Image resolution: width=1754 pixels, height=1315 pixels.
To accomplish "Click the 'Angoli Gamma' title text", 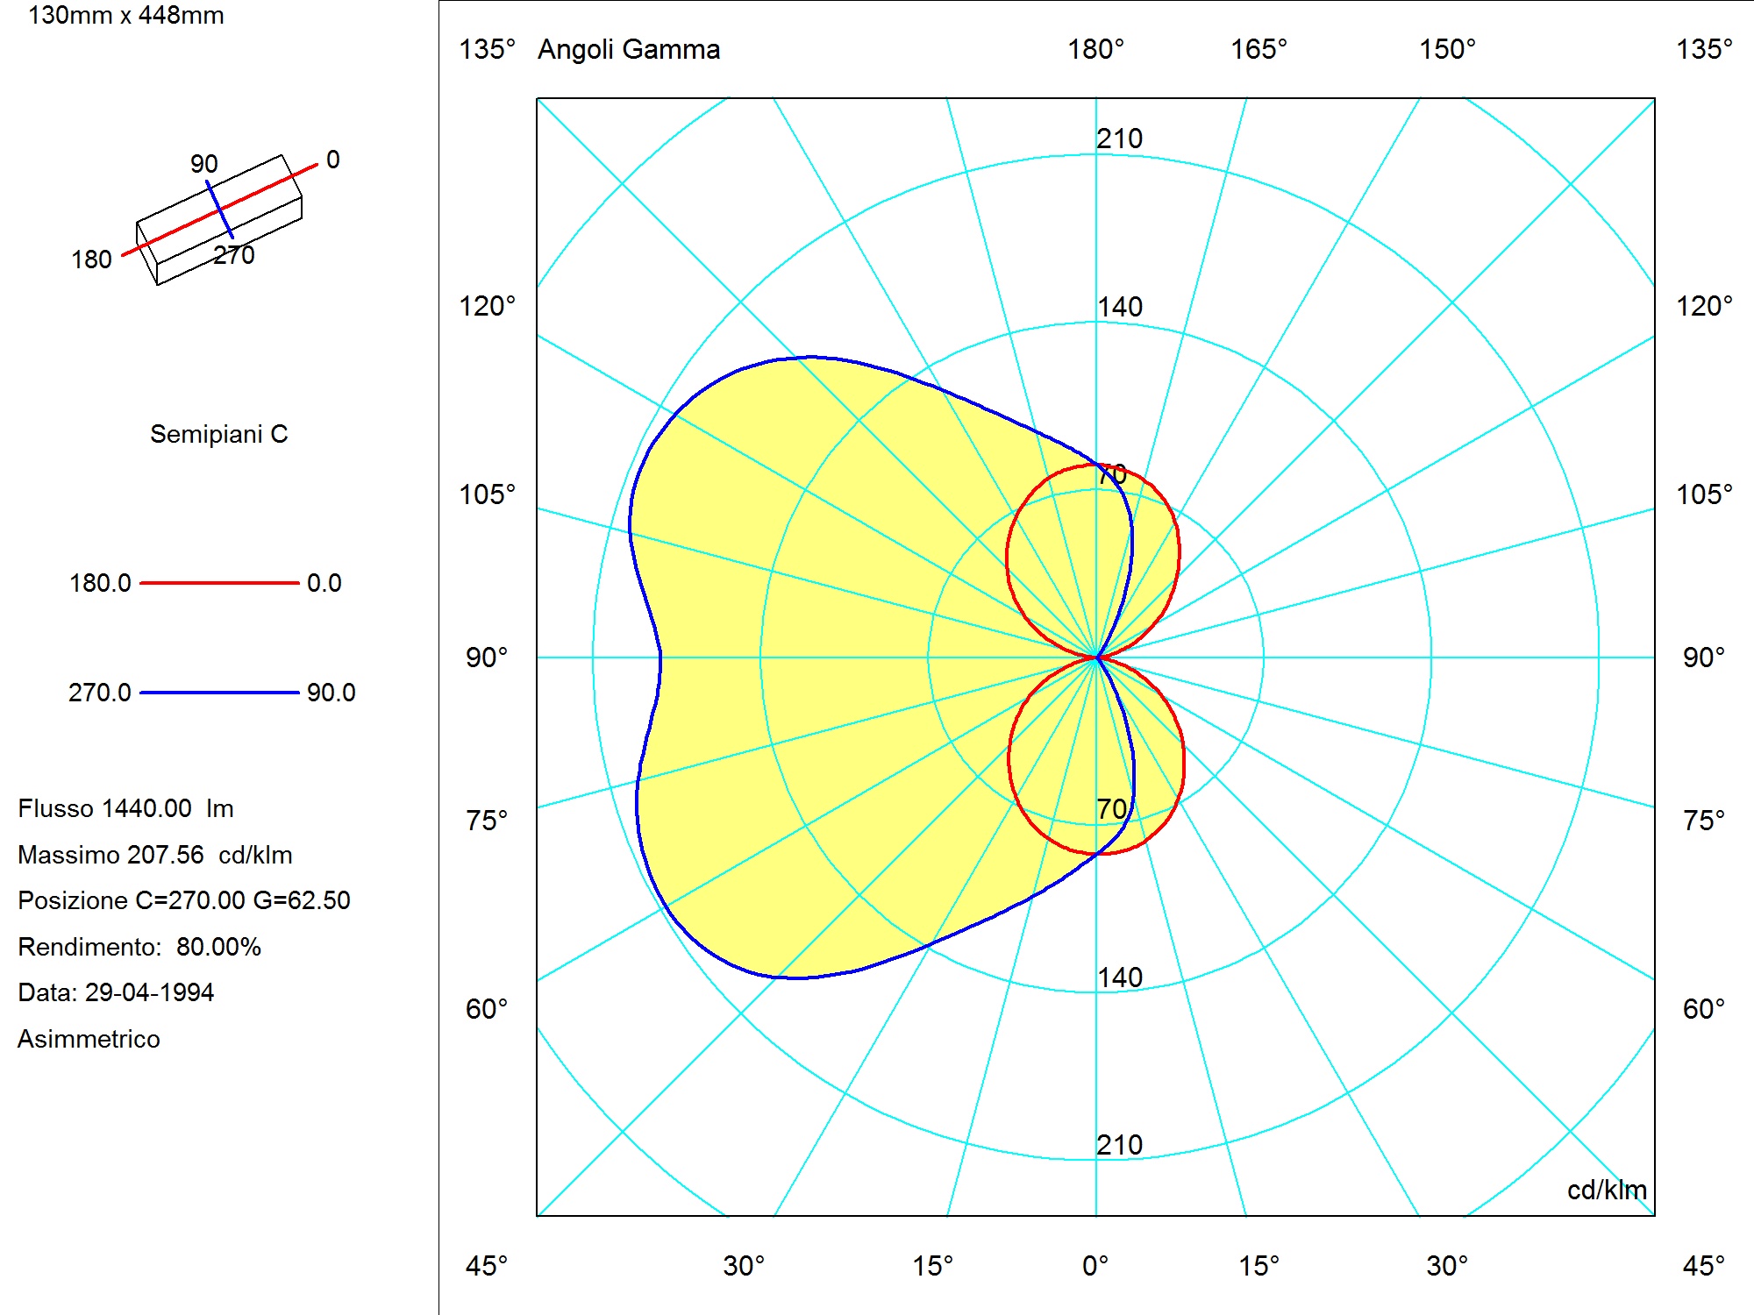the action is pos(629,50).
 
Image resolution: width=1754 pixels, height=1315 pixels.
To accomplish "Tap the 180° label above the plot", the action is pos(1095,49).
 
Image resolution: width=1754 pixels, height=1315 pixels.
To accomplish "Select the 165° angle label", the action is pos(1258,49).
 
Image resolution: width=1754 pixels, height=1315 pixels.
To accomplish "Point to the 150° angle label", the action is pos(1448,49).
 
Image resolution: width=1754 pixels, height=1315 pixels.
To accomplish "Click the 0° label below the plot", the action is pos(1095,1266).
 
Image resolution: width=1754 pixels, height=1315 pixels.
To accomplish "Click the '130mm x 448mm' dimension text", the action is pos(126,15).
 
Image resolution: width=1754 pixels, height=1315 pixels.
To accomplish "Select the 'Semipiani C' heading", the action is pos(219,434).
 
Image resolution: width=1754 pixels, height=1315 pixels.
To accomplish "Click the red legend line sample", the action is pos(219,582).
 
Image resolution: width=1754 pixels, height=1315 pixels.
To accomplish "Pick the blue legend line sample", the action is pos(219,693).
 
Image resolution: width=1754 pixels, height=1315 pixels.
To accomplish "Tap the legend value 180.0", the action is pos(100,583).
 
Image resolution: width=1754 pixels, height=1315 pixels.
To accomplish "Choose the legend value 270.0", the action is pos(100,693).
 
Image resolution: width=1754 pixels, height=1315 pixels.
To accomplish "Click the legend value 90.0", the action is pos(332,693).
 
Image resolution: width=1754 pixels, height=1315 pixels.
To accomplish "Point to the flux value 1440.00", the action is pos(147,808).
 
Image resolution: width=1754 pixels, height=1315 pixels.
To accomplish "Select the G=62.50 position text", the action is pos(302,900).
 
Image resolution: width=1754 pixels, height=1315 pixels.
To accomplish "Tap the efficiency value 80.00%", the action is pos(218,947).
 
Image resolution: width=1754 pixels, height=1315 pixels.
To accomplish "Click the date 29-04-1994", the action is pos(149,992).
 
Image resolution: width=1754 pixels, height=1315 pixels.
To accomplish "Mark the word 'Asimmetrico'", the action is pos(89,1039).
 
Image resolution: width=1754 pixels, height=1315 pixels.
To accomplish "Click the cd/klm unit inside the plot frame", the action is pos(1607,1190).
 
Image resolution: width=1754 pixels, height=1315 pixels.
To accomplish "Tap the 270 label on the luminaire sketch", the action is pos(234,255).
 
